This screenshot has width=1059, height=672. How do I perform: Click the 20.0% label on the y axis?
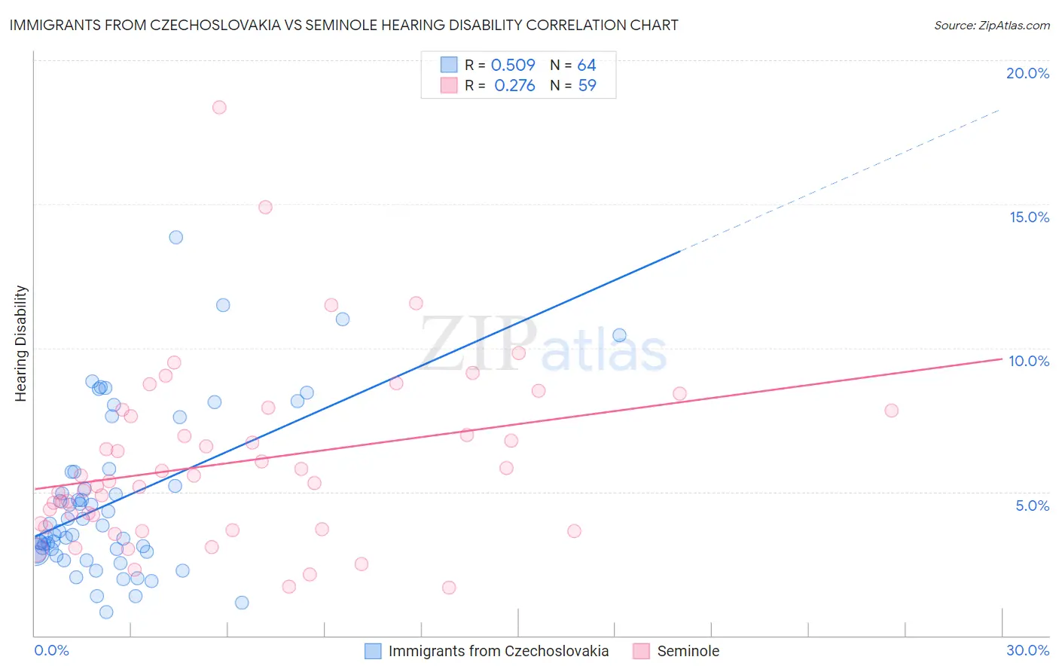(1027, 73)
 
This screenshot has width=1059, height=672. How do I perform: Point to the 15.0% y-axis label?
(1029, 217)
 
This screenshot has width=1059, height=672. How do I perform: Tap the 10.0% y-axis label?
(1029, 361)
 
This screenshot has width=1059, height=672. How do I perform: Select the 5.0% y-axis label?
(1032, 506)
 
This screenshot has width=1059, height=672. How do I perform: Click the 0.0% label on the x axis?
(51, 650)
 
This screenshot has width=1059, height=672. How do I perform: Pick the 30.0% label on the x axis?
(1027, 650)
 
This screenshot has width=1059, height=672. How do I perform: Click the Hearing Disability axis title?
(21, 344)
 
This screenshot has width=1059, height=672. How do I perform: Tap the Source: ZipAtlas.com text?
(991, 25)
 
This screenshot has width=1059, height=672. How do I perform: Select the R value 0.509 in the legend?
(513, 65)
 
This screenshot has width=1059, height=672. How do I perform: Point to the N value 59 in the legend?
(587, 85)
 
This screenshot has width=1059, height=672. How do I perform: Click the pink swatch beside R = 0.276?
(449, 85)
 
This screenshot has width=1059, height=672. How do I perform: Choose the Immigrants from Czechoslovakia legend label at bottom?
(498, 651)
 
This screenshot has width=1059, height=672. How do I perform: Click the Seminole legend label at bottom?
(688, 651)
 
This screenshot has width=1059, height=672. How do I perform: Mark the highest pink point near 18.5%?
(219, 107)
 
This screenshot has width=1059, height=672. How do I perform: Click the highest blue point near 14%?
(176, 237)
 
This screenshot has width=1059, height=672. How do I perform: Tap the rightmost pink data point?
(892, 411)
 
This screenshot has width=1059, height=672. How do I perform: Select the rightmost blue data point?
(620, 335)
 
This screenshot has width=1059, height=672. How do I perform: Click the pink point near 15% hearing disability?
(265, 207)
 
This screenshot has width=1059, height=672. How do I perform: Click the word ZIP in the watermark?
(478, 344)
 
